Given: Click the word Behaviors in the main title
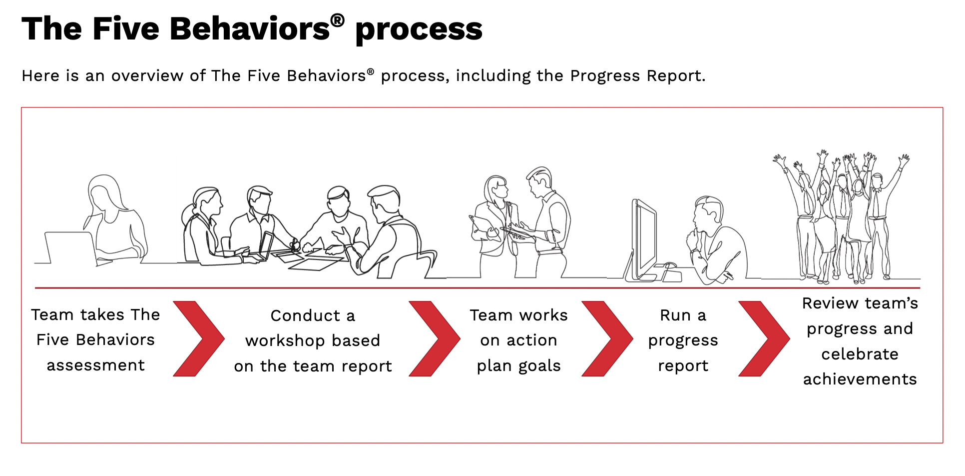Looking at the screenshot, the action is coord(250,28).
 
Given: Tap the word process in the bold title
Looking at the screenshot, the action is coord(419,30).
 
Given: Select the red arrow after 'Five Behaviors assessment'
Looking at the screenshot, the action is coord(199,338).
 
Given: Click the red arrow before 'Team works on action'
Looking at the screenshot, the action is coord(435,338).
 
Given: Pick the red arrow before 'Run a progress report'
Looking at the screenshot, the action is coord(607,338).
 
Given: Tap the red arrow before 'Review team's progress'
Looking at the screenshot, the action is coord(764,338).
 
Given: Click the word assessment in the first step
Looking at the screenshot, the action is coord(95,365).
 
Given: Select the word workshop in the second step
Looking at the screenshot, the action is coord(285,340).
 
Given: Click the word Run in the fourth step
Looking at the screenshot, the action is coord(675,315).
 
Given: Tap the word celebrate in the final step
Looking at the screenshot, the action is coord(860,354).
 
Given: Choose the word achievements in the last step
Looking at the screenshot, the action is coord(860,379).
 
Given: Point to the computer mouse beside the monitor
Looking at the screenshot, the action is coord(670,265).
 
